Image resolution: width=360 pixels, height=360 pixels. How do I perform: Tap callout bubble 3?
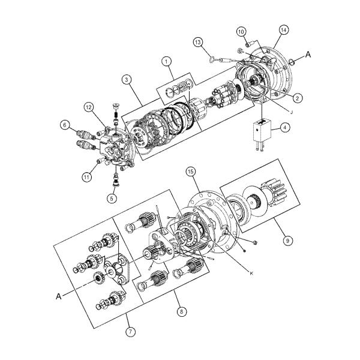point(126,79)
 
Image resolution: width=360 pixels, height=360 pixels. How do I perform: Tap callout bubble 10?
point(241,31)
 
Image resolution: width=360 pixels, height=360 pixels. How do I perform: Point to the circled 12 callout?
point(88,107)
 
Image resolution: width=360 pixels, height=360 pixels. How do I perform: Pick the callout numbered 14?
point(284,31)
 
